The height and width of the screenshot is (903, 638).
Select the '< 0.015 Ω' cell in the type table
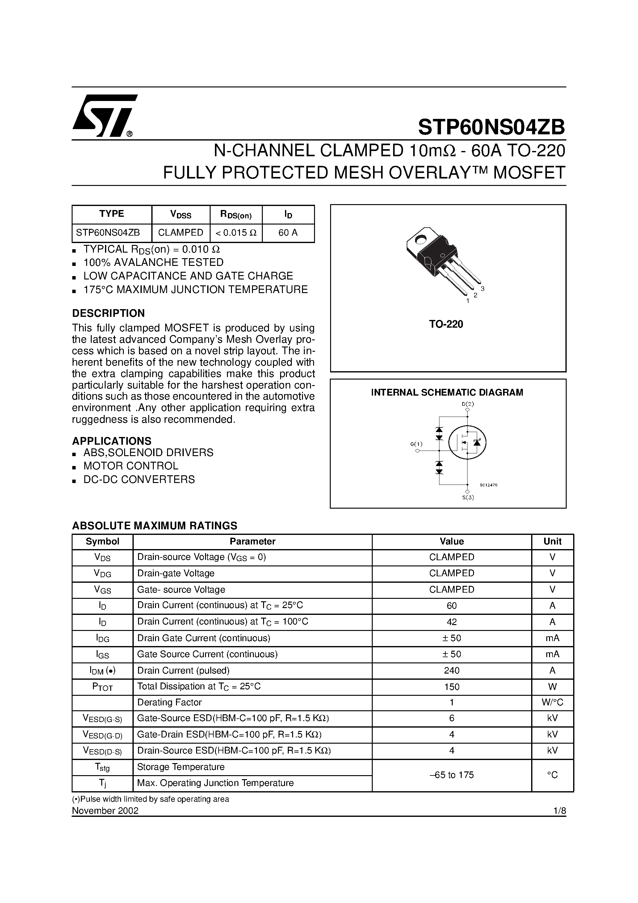pyautogui.click(x=236, y=233)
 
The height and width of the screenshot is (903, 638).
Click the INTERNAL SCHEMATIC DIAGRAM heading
pyautogui.click(x=447, y=393)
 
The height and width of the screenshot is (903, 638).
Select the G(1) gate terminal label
pyautogui.click(x=416, y=444)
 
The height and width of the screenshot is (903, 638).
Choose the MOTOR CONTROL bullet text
pyautogui.click(x=131, y=466)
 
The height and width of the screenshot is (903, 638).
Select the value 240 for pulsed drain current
pyautogui.click(x=451, y=670)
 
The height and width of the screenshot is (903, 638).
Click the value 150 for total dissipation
pyautogui.click(x=451, y=687)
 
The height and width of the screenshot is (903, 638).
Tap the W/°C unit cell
pyautogui.click(x=552, y=703)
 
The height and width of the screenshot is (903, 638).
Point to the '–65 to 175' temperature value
pyautogui.click(x=451, y=775)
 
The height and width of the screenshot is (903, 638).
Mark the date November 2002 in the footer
pyautogui.click(x=105, y=811)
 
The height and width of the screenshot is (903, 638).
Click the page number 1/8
pyautogui.click(x=559, y=811)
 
